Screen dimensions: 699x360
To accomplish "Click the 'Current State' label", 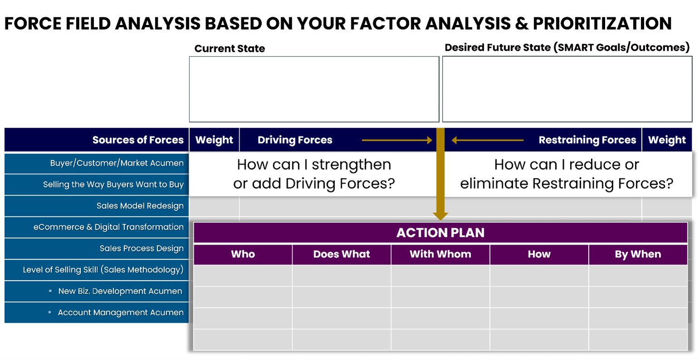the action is (x=230, y=49).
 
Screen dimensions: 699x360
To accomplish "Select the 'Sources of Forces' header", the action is (x=138, y=140).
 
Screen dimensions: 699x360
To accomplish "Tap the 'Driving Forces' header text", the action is (x=295, y=140).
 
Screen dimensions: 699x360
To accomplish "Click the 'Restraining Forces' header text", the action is (x=587, y=140).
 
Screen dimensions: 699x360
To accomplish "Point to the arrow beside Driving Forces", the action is (x=397, y=140).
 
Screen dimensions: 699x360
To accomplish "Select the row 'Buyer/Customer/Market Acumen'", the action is (x=117, y=163).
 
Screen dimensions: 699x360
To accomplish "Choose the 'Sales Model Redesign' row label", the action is (x=140, y=206).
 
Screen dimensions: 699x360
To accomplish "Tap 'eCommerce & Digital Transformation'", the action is (x=108, y=227).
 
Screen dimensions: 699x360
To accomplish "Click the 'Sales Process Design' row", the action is (x=142, y=248).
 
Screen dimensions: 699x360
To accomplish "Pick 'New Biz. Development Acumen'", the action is (x=120, y=291).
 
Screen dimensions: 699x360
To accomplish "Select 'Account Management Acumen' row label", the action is (x=121, y=312).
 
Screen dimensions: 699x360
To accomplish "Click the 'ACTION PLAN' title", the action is (x=440, y=232).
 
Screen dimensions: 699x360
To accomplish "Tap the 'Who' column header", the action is (x=243, y=254).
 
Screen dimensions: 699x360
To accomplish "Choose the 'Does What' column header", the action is (x=342, y=254).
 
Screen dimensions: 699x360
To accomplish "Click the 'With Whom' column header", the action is (x=440, y=254).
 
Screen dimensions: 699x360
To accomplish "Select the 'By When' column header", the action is (x=638, y=255).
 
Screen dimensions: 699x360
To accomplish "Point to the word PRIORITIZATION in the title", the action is (x=602, y=24).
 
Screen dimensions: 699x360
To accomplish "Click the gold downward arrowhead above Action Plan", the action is (x=440, y=216).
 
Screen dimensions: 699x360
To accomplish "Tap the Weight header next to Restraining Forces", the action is (x=667, y=140).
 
